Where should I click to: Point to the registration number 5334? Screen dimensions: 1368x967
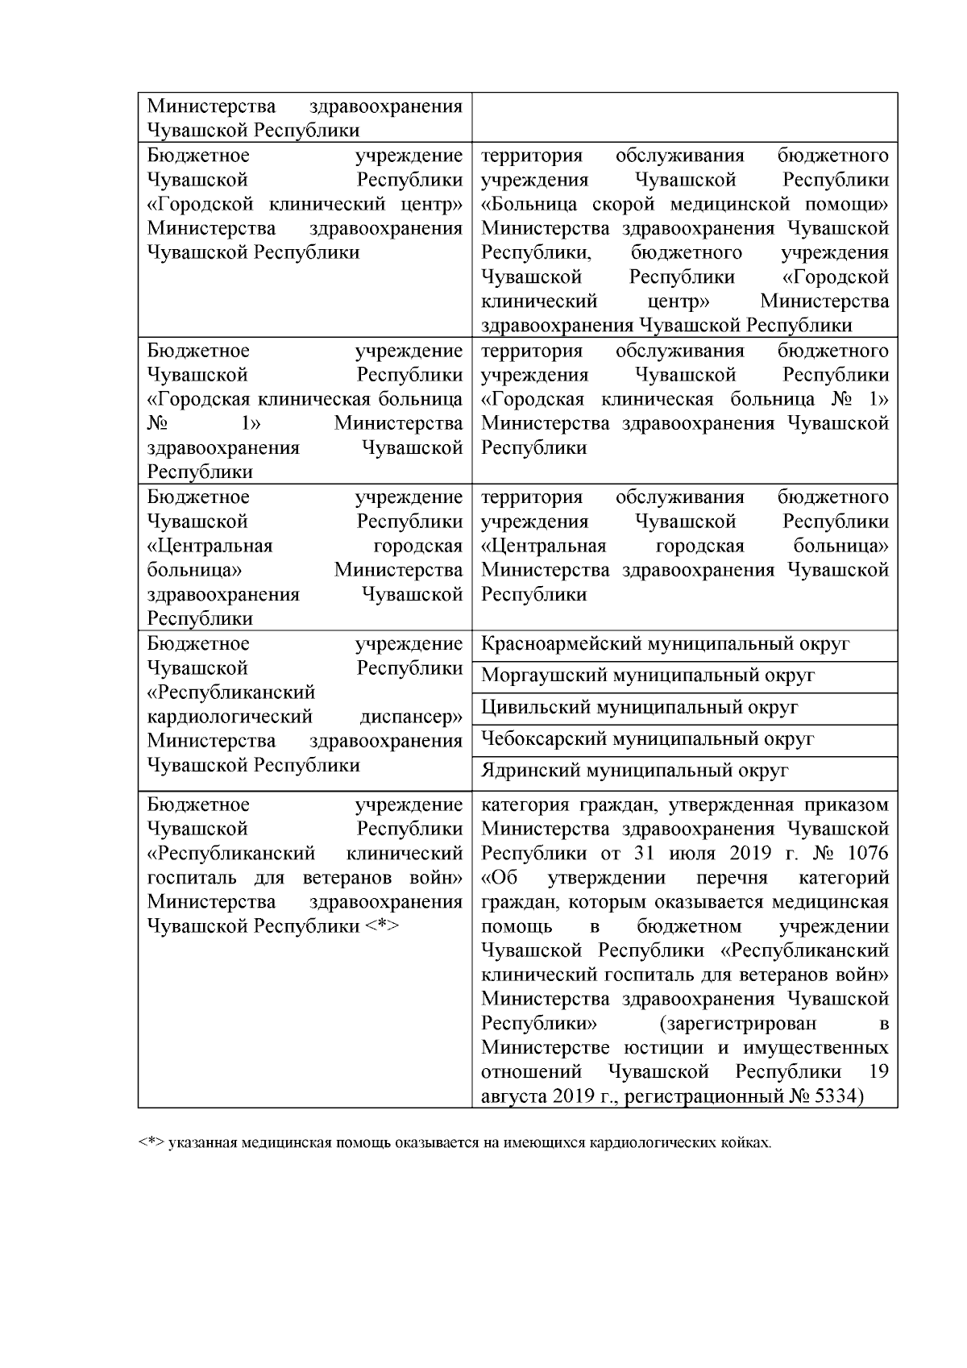(834, 1096)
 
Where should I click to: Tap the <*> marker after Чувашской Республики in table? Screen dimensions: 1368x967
(382, 926)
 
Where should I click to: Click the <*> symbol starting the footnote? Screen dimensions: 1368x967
(151, 1143)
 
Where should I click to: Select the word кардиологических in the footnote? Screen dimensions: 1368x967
(645, 1143)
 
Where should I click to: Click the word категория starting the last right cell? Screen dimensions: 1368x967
(525, 805)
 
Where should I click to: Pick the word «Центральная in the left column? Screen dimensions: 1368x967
(210, 546)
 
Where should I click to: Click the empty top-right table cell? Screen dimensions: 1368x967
(684, 118)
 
